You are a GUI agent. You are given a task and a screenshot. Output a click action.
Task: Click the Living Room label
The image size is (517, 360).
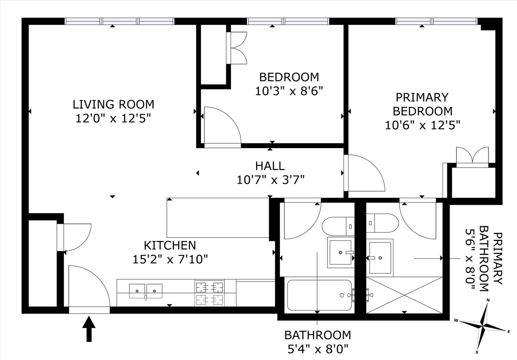[x=113, y=104]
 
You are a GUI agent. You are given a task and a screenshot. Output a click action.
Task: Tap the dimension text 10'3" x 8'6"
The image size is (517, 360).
[x=289, y=91]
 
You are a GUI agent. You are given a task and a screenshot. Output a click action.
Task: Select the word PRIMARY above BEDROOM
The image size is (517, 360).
[x=422, y=97]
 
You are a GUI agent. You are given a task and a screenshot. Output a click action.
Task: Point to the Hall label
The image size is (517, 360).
[x=270, y=166]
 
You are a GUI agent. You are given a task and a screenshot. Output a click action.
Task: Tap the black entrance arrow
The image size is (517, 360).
[x=89, y=329]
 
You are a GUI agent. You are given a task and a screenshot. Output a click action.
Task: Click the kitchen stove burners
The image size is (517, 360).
[x=210, y=293]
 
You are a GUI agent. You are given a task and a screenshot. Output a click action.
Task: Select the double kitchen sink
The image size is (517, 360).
[x=146, y=291]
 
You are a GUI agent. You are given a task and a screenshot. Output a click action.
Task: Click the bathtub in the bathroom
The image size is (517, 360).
[x=320, y=295]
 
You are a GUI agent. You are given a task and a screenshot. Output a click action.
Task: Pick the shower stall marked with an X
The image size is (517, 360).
[x=404, y=295]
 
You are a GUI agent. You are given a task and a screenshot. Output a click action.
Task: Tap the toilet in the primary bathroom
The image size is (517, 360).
[x=383, y=223]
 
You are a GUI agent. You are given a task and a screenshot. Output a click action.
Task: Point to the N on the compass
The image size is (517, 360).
[x=488, y=300]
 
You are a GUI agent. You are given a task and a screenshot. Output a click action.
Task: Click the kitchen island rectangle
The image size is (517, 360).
[x=218, y=218]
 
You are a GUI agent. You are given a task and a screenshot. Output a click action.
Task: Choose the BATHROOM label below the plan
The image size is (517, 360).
[x=318, y=335]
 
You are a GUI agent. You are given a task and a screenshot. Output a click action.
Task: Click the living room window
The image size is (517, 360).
[x=119, y=21]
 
